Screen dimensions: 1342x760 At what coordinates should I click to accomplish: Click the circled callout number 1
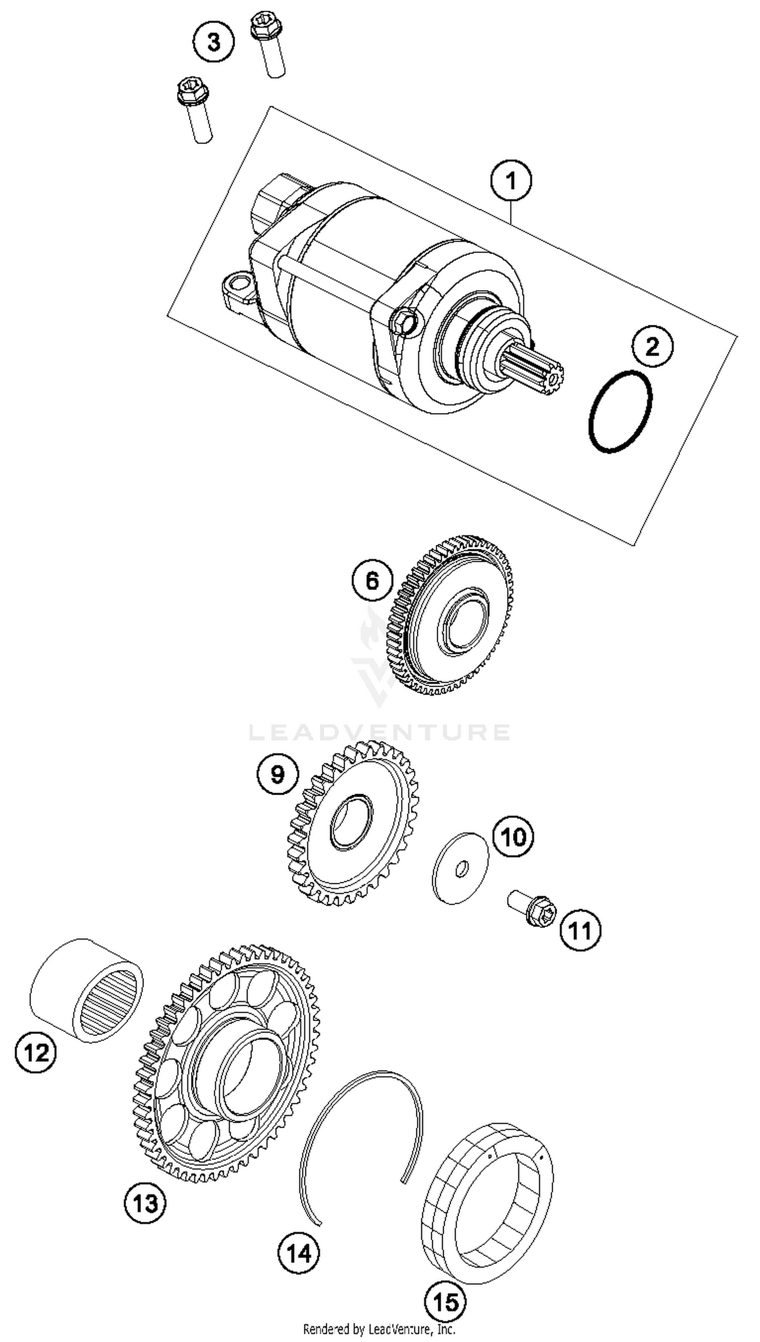[x=511, y=181]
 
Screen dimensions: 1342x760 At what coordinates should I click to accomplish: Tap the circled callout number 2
[x=653, y=346]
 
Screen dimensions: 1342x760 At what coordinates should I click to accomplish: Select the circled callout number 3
[x=213, y=42]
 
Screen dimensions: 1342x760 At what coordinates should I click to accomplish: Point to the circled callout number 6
[x=372, y=580]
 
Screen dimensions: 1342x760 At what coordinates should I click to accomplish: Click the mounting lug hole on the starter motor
[x=240, y=284]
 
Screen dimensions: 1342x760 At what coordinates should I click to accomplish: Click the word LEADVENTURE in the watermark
[x=379, y=732]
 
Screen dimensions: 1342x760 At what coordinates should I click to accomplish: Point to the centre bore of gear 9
[x=351, y=823]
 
